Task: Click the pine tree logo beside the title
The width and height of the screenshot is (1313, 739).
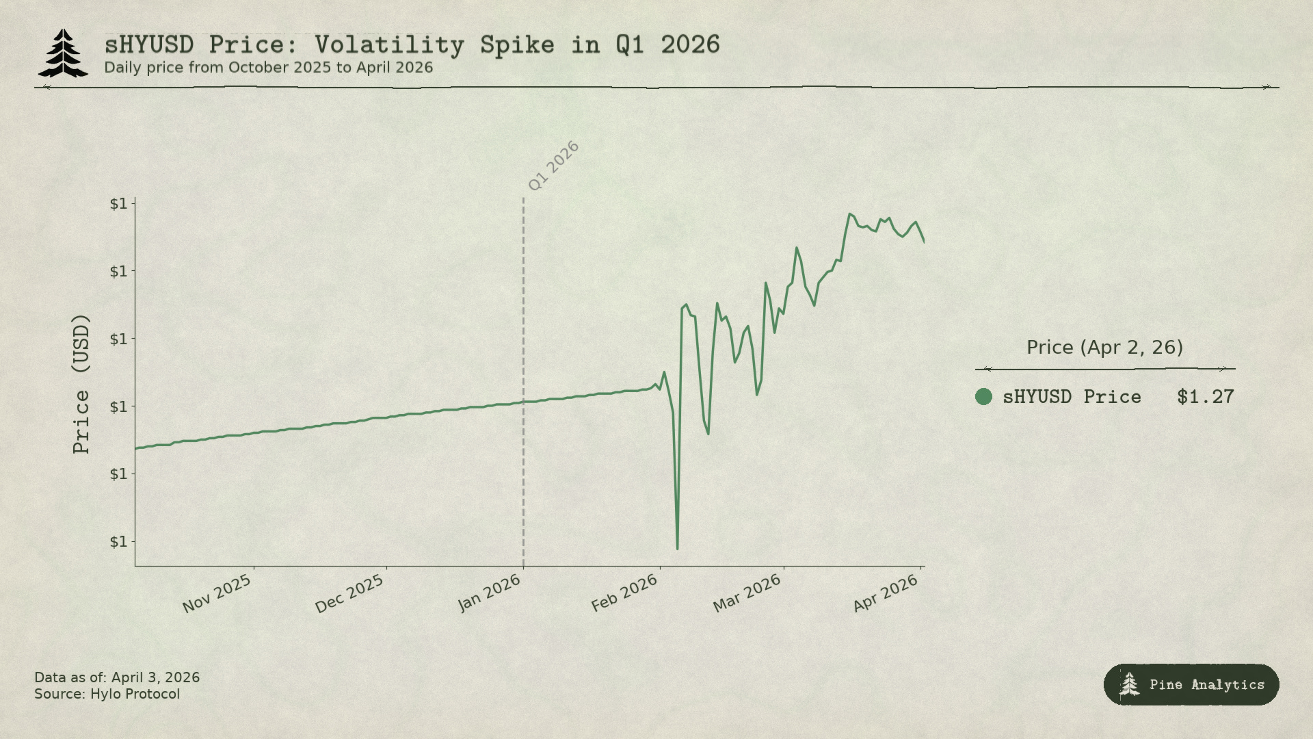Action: (63, 53)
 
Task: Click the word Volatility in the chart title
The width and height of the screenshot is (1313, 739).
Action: (389, 45)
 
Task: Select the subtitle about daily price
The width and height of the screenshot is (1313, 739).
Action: (268, 68)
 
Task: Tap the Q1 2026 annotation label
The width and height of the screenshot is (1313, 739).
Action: (553, 166)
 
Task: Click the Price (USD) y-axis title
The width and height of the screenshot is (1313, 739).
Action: (81, 383)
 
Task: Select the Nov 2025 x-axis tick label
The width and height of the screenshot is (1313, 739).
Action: (217, 593)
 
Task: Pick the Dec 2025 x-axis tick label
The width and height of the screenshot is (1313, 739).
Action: (349, 593)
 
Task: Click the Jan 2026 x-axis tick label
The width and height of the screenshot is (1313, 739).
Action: (490, 593)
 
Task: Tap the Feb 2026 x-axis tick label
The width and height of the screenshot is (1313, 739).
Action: (624, 593)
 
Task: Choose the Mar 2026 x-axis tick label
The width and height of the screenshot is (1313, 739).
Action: (747, 593)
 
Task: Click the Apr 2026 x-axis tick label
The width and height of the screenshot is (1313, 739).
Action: (885, 593)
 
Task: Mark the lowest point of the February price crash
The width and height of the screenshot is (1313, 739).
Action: (677, 548)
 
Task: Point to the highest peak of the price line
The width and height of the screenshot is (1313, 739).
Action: (849, 214)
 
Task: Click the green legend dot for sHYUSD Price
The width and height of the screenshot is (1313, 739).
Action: (983, 397)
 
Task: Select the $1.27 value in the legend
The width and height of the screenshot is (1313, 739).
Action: (1205, 397)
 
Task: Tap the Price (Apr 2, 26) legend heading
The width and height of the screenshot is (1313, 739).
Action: (1104, 348)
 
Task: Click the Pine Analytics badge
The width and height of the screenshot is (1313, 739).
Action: (1191, 684)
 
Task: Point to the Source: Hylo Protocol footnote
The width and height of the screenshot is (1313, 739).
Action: (107, 695)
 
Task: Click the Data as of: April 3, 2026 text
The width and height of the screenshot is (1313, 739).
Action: (117, 677)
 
